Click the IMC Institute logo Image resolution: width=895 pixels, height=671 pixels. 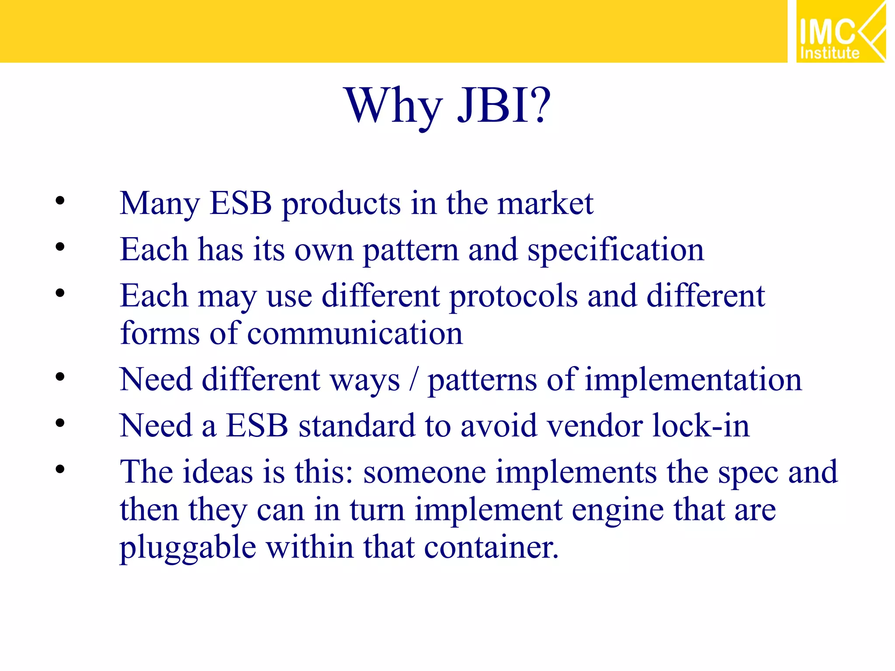click(840, 31)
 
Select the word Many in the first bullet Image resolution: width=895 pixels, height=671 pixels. click(160, 204)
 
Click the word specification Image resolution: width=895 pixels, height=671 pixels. click(616, 250)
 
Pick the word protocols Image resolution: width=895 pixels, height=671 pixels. click(513, 296)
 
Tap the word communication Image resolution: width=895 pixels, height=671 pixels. click(355, 334)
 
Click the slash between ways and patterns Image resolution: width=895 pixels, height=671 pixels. click(413, 379)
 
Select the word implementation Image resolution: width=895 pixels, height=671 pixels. click(694, 379)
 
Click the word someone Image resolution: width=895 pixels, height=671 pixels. click(424, 472)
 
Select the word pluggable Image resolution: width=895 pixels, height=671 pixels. click(188, 548)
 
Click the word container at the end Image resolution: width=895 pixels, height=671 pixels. click(491, 548)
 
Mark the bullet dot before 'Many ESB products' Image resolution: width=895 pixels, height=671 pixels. click(60, 201)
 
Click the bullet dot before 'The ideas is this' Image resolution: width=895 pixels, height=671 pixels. click(60, 470)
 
